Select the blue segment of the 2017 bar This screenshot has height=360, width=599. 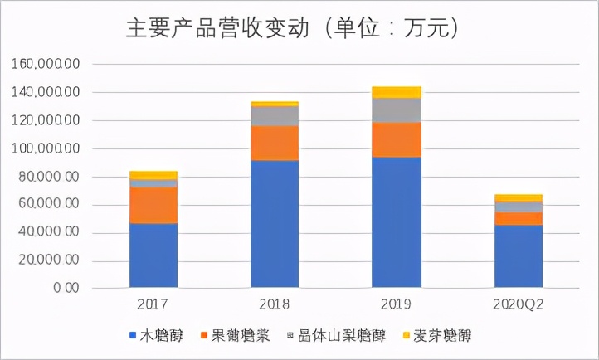pos(153,255)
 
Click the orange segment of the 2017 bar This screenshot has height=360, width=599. pos(153,205)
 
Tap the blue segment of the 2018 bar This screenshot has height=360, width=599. pos(275,224)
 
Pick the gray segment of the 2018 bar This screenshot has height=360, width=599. pos(275,116)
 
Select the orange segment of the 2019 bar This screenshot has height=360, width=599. pos(397,139)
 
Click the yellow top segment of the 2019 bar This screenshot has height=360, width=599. pos(397,92)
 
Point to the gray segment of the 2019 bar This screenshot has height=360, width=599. pos(397,110)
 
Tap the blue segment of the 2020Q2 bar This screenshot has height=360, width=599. pos(519,256)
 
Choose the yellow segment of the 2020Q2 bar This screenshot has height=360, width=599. pos(519,197)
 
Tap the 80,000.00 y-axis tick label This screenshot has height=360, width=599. pos(46,177)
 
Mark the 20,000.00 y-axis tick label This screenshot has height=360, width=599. pos(46,261)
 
